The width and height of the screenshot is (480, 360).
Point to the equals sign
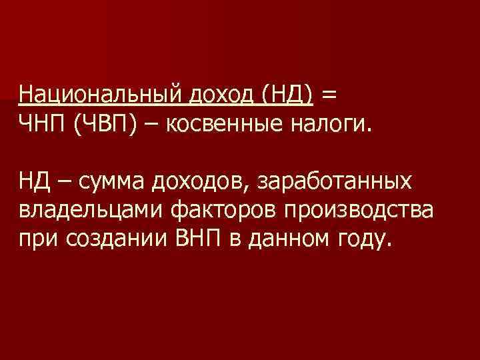coord(329,96)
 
